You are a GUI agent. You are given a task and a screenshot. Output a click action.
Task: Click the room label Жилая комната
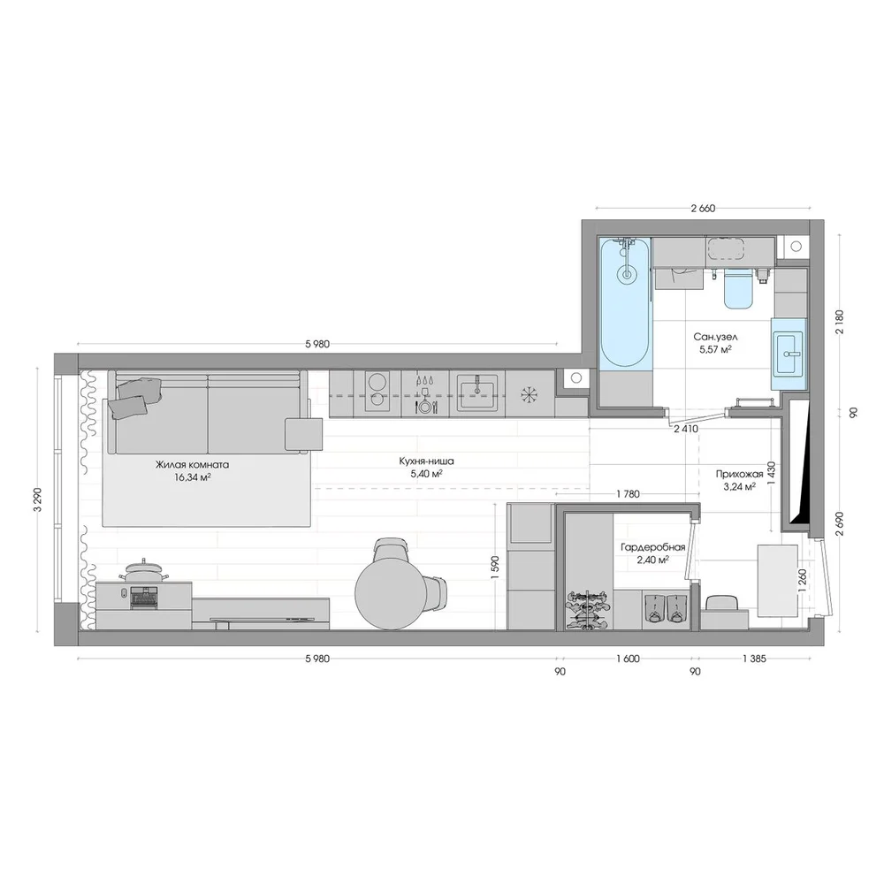coord(192,466)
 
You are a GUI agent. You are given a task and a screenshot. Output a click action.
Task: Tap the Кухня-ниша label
coord(426,461)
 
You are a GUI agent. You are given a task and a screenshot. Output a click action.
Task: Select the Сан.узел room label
coord(715,337)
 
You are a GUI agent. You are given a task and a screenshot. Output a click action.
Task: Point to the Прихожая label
coord(739,474)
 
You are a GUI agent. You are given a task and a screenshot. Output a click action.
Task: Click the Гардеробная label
coord(653,547)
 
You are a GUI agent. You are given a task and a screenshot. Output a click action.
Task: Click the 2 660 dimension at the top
coord(703,209)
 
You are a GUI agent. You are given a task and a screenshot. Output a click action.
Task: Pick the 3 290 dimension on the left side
coord(38,499)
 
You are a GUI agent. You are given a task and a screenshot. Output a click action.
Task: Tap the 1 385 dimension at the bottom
coord(754,659)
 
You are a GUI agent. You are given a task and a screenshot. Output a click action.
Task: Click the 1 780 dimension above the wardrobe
coord(628,494)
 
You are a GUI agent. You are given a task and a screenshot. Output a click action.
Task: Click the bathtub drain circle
coord(626,275)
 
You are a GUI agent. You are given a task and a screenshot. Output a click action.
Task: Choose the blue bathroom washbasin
coord(789,354)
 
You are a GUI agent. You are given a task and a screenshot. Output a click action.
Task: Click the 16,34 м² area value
coord(193,477)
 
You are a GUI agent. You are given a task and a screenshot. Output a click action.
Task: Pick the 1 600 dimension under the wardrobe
coord(628,659)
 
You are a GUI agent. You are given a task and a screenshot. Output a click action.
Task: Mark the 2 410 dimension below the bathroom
coord(686,429)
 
